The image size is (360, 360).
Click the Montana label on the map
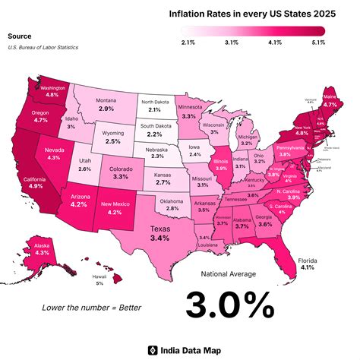tap(106, 101)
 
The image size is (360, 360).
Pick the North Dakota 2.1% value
tap(155, 110)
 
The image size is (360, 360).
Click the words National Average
tap(229, 273)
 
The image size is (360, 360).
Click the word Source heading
tap(19, 36)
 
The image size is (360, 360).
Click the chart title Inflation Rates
tap(241, 14)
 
